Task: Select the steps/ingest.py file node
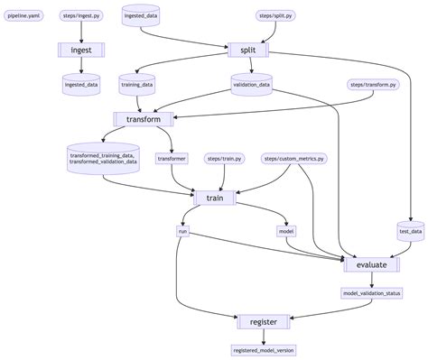[82, 16]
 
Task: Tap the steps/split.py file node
[276, 16]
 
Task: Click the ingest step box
[82, 50]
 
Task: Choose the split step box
[247, 50]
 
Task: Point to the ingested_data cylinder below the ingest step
[82, 85]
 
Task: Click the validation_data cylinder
[251, 85]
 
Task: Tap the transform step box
[143, 119]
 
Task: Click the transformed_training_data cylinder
[102, 158]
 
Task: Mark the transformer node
[172, 159]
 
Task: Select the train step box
[215, 197]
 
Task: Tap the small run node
[182, 232]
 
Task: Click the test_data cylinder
[410, 232]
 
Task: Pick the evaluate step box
[371, 264]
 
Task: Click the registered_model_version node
[263, 350]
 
